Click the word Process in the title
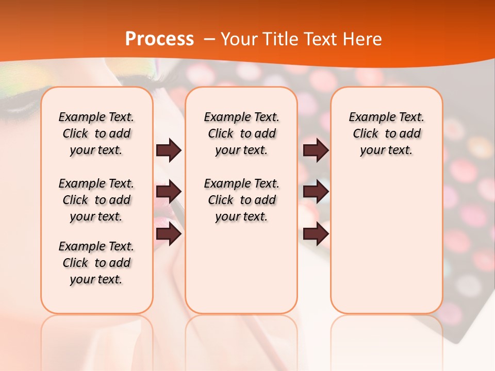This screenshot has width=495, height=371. (159, 39)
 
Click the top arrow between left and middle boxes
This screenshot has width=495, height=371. (169, 150)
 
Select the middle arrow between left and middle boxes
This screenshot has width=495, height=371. (169, 192)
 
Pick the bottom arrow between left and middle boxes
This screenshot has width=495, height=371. (169, 234)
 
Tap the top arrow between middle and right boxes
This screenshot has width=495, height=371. (316, 150)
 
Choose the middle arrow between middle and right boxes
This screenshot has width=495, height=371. (316, 192)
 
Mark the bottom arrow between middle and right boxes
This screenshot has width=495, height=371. (316, 234)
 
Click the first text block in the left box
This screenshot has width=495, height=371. (96, 133)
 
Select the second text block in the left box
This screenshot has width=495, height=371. (96, 200)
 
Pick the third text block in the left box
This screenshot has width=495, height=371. (96, 263)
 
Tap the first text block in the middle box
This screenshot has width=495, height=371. (241, 133)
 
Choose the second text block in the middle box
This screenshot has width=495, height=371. (241, 200)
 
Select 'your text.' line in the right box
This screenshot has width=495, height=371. (386, 150)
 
